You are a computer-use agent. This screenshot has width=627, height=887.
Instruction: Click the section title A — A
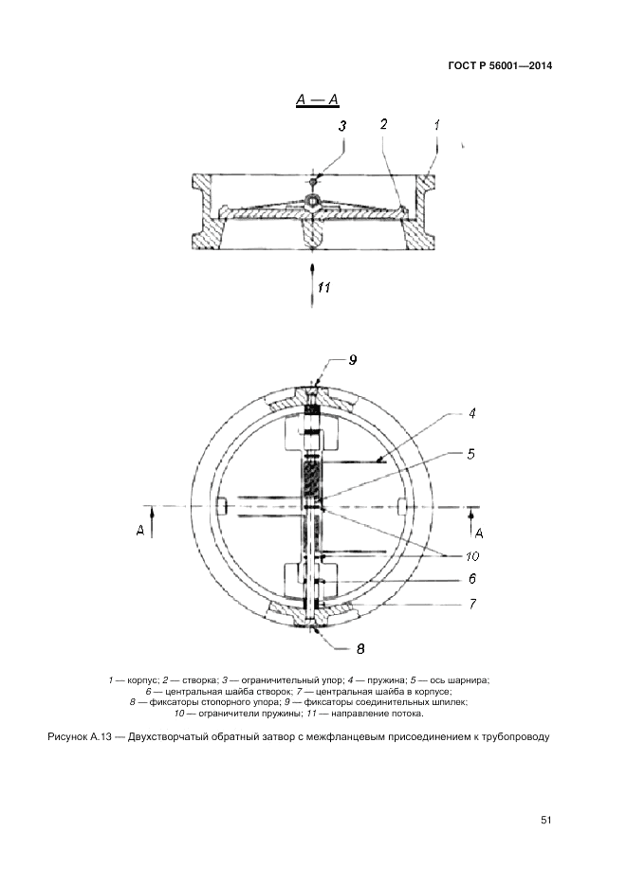(x=317, y=100)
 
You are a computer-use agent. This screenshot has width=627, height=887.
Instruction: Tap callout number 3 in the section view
(x=342, y=126)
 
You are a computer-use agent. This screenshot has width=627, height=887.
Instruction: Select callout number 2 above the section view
(x=384, y=124)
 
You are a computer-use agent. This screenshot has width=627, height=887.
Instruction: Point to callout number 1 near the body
(x=436, y=125)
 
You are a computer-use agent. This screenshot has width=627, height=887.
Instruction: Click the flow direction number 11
(x=323, y=287)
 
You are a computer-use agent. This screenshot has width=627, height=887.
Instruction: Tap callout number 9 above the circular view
(x=352, y=360)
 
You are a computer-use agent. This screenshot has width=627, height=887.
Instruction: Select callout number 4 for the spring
(x=471, y=413)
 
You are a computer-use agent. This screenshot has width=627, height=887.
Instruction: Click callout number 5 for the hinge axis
(x=470, y=454)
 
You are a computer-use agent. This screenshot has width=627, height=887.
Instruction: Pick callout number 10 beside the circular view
(x=472, y=556)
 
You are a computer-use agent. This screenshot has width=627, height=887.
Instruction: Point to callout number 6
(x=471, y=579)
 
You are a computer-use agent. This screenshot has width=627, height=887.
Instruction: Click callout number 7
(x=472, y=604)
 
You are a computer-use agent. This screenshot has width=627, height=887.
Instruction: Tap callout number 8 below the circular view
(x=360, y=649)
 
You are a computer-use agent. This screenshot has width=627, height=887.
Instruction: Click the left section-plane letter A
(x=140, y=530)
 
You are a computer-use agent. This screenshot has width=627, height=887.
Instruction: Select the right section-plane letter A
(x=479, y=533)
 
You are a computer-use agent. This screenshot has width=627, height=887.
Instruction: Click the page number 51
(x=546, y=820)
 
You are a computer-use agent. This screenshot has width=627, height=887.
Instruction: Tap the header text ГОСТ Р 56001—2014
(x=500, y=65)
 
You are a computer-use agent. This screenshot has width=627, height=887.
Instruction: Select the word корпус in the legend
(x=141, y=680)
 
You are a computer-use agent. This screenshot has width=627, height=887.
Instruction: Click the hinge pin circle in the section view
(x=312, y=200)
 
